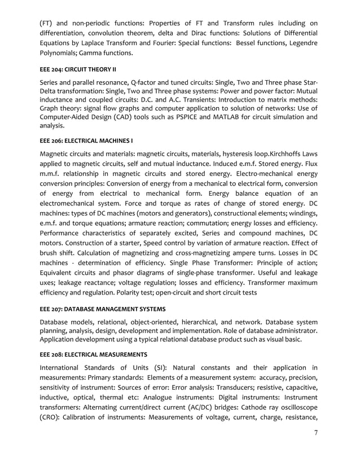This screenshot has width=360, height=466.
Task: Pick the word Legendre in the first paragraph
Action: tap(302, 43)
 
